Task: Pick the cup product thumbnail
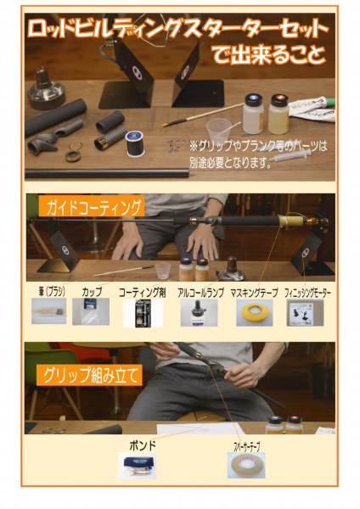coord(91,312)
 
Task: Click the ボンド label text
coord(137,444)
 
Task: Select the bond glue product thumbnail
coord(137,466)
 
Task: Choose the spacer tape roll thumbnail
coord(245,466)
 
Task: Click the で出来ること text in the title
coord(267,57)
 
